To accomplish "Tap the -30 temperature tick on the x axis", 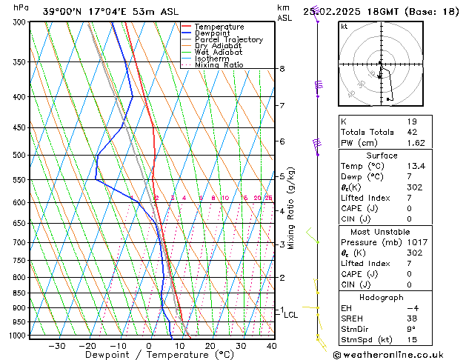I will (56, 346).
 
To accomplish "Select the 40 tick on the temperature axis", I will (271, 346).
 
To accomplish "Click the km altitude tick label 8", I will (282, 69).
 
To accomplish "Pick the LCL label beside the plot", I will (291, 315).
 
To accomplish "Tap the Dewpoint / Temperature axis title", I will (149, 355).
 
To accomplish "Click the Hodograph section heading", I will (382, 297).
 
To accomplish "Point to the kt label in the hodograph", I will (344, 27).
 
